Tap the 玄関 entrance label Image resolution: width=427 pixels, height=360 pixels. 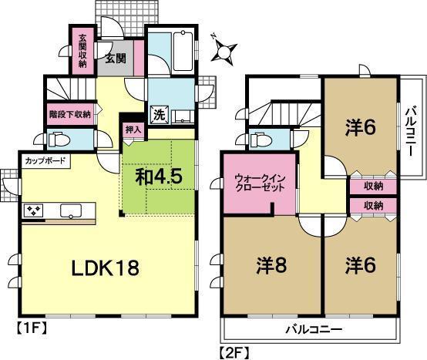coord(116,59)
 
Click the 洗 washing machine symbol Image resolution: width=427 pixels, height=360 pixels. coord(159,113)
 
